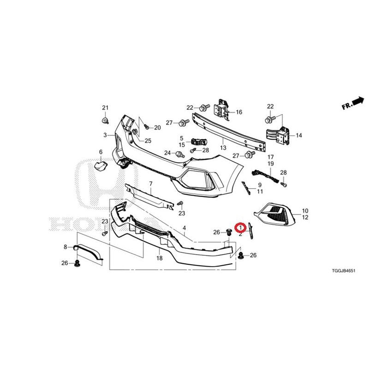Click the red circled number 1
240,227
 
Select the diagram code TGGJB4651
344,271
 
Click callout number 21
105,108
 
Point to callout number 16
239,112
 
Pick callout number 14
298,135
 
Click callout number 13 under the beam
223,148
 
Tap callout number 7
151,184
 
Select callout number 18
160,258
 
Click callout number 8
65,247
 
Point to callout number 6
101,152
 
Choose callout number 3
105,135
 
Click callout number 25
148,141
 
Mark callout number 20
157,128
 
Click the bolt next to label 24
180,155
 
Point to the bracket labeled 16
221,110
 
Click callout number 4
184,228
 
